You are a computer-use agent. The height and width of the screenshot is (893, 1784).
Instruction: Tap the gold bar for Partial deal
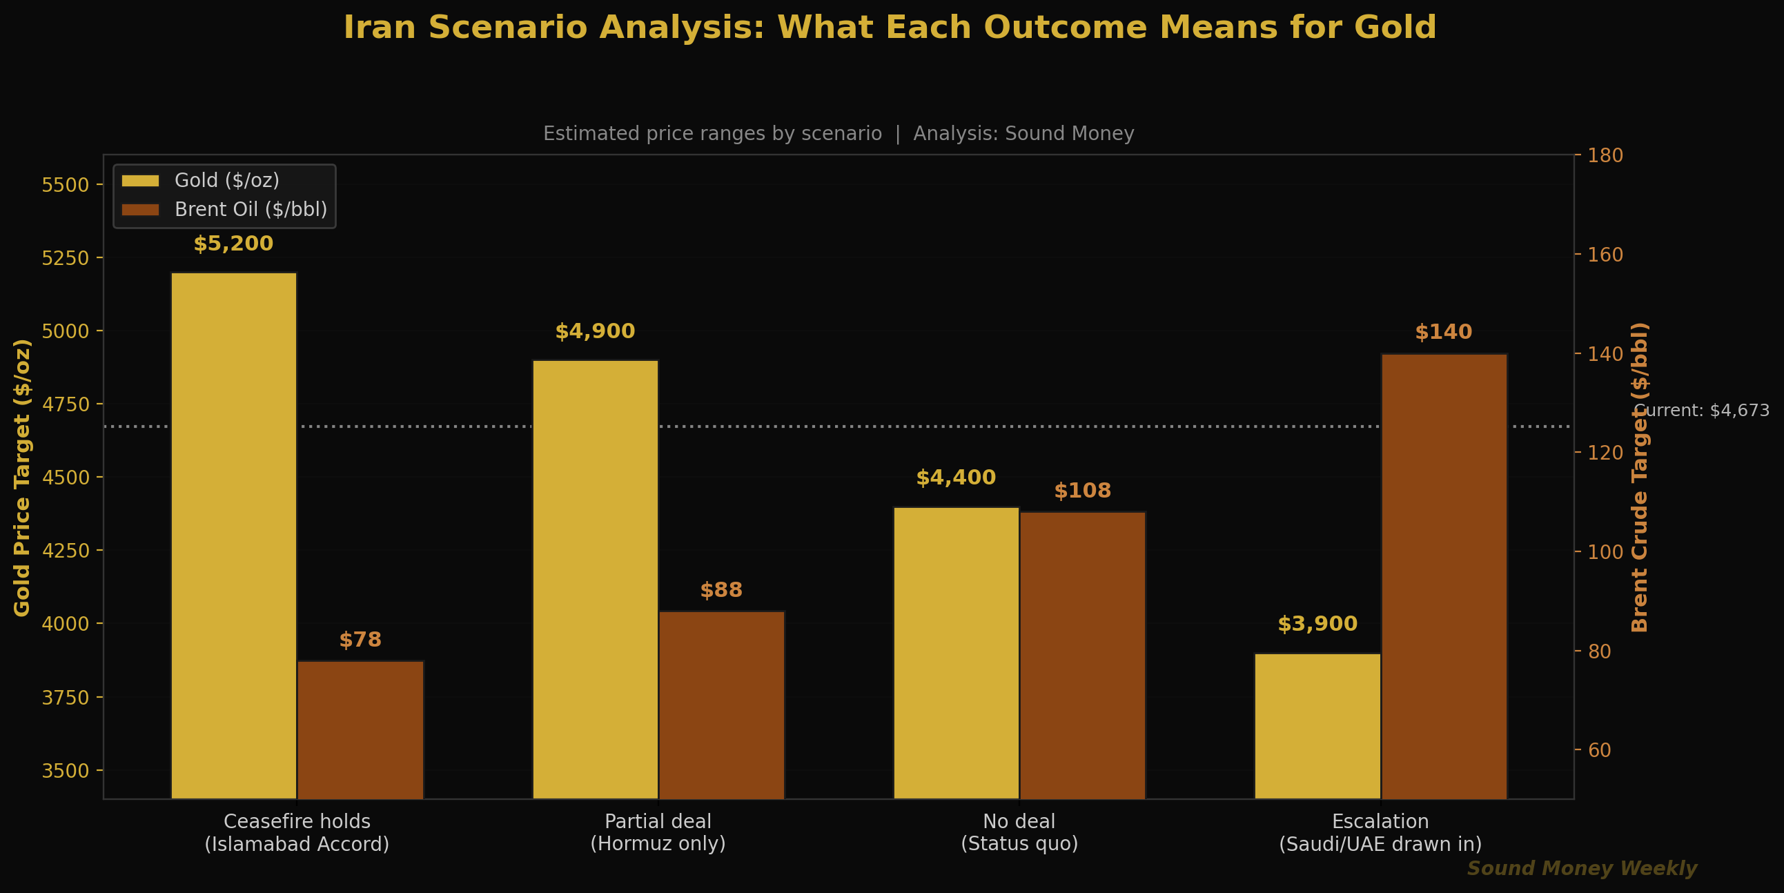pyautogui.click(x=595, y=578)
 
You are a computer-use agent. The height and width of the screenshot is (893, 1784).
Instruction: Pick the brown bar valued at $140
pyautogui.click(x=1443, y=575)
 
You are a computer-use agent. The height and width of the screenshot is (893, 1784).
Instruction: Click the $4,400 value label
pyautogui.click(x=956, y=478)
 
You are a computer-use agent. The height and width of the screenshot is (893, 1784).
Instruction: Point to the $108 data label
pyautogui.click(x=1081, y=491)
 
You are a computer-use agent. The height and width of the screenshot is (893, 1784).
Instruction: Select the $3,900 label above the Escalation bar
pyautogui.click(x=1317, y=623)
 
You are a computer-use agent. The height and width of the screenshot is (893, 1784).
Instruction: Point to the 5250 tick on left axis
pyautogui.click(x=66, y=257)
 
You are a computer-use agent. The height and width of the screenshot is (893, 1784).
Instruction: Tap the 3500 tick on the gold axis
pyautogui.click(x=66, y=770)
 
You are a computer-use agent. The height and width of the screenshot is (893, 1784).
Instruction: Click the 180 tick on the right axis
pyautogui.click(x=1605, y=155)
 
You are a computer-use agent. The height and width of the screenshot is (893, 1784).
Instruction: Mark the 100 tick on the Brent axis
pyautogui.click(x=1605, y=552)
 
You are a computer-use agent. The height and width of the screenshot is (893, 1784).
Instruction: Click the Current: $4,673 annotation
pyautogui.click(x=1702, y=410)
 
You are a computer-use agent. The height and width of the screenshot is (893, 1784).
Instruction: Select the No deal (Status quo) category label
pyautogui.click(x=1019, y=832)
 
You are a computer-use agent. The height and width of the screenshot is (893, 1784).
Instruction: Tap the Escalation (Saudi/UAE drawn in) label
pyautogui.click(x=1380, y=832)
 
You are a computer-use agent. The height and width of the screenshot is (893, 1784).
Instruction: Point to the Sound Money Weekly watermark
pyautogui.click(x=1582, y=868)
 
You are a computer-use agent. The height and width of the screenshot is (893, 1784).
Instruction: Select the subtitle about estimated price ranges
pyautogui.click(x=838, y=133)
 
